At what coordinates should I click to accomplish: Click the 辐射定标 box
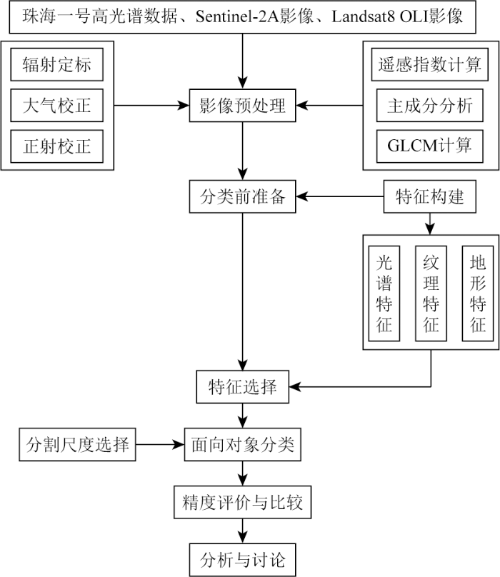point(57,66)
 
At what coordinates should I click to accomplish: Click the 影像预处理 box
point(243,106)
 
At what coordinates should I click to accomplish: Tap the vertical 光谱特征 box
point(384,293)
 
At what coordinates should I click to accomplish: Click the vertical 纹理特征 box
point(430,293)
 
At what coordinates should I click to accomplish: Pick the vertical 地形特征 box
point(476,293)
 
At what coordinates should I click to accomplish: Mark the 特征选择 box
point(243,388)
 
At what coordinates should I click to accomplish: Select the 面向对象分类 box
point(243,445)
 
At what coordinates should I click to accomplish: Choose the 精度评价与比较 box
point(243,503)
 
